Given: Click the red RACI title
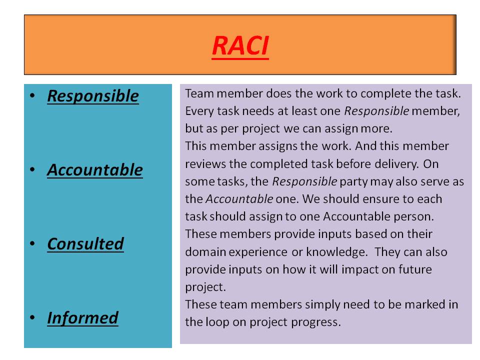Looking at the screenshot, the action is pyautogui.click(x=240, y=46).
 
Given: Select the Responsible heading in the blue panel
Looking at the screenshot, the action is pyautogui.click(x=93, y=96).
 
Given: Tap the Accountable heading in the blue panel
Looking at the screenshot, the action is pyautogui.click(x=95, y=170).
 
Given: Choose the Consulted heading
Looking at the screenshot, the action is pyautogui.click(x=85, y=244).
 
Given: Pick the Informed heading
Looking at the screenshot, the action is pyautogui.click(x=82, y=318).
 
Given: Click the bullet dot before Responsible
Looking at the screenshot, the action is pyautogui.click(x=32, y=95).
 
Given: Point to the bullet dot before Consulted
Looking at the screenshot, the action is pyautogui.click(x=32, y=243).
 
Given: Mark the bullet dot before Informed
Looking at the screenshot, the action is pyautogui.click(x=32, y=317).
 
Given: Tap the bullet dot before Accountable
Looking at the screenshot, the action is pyautogui.click(x=32, y=169).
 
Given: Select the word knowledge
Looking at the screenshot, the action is pyautogui.click(x=336, y=252).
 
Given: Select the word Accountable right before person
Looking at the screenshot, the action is pyautogui.click(x=356, y=216).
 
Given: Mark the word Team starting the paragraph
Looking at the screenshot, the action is pyautogui.click(x=199, y=93).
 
